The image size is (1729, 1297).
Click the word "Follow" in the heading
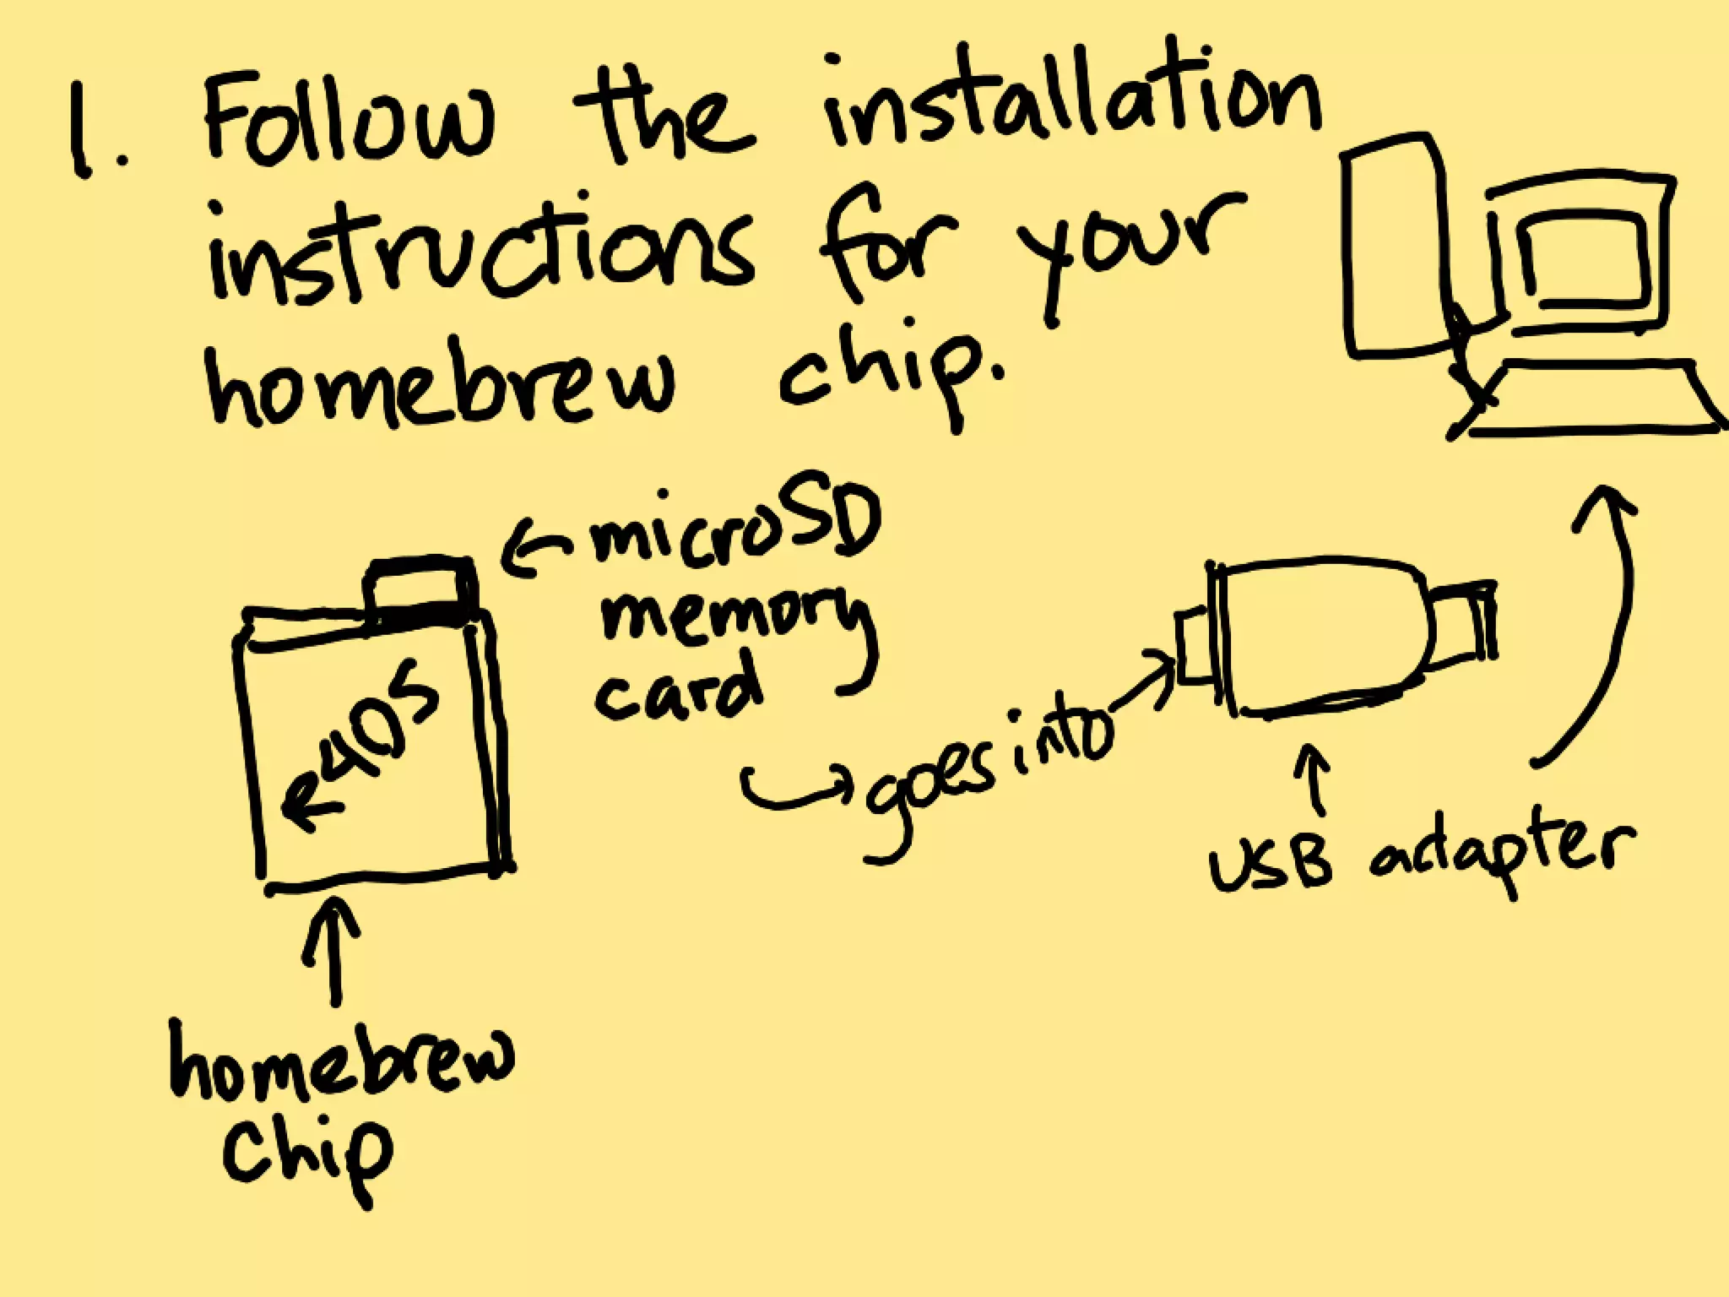[346, 127]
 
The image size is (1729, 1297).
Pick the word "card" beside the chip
[675, 692]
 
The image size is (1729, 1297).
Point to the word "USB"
[1271, 866]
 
